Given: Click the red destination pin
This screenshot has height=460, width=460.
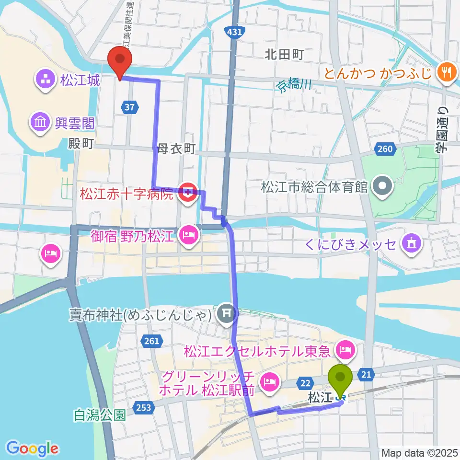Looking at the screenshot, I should (120, 60).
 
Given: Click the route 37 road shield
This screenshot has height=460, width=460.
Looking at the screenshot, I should (130, 107).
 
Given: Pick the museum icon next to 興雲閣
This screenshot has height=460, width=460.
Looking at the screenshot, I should (40, 123).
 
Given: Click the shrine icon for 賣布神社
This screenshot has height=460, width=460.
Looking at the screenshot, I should (225, 314).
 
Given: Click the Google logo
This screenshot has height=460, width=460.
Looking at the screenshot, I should (33, 448).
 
